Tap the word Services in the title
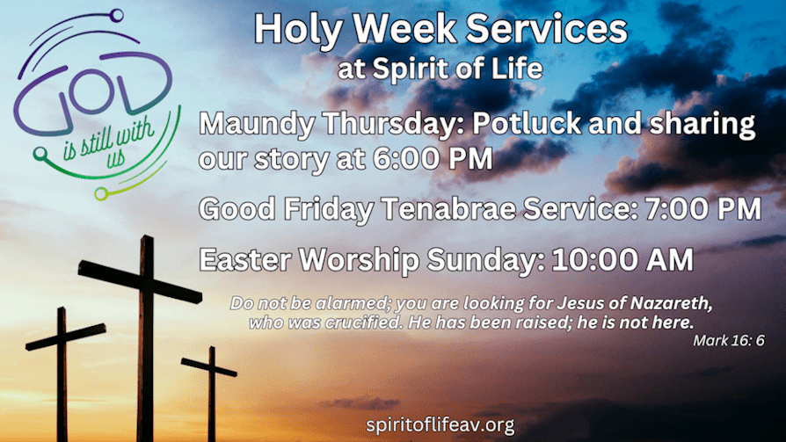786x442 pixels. tap(546, 29)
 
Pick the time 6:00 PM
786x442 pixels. tap(433, 158)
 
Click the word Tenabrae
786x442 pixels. tap(449, 208)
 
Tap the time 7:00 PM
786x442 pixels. tap(703, 208)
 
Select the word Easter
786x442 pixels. tap(245, 259)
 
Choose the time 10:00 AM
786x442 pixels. tap(622, 259)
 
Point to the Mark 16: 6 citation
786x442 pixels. tap(729, 341)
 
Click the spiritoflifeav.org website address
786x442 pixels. tap(440, 425)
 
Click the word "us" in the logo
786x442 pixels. tap(116, 158)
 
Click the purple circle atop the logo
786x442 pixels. tap(117, 16)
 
